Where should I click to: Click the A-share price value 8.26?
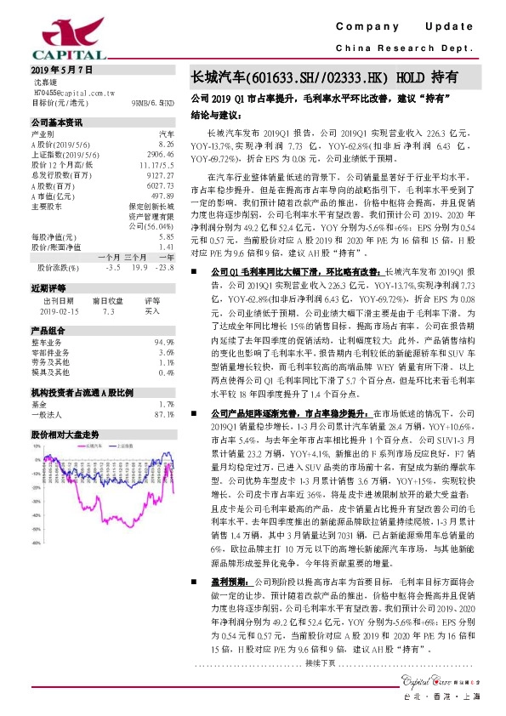166,145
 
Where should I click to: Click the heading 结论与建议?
218,114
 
